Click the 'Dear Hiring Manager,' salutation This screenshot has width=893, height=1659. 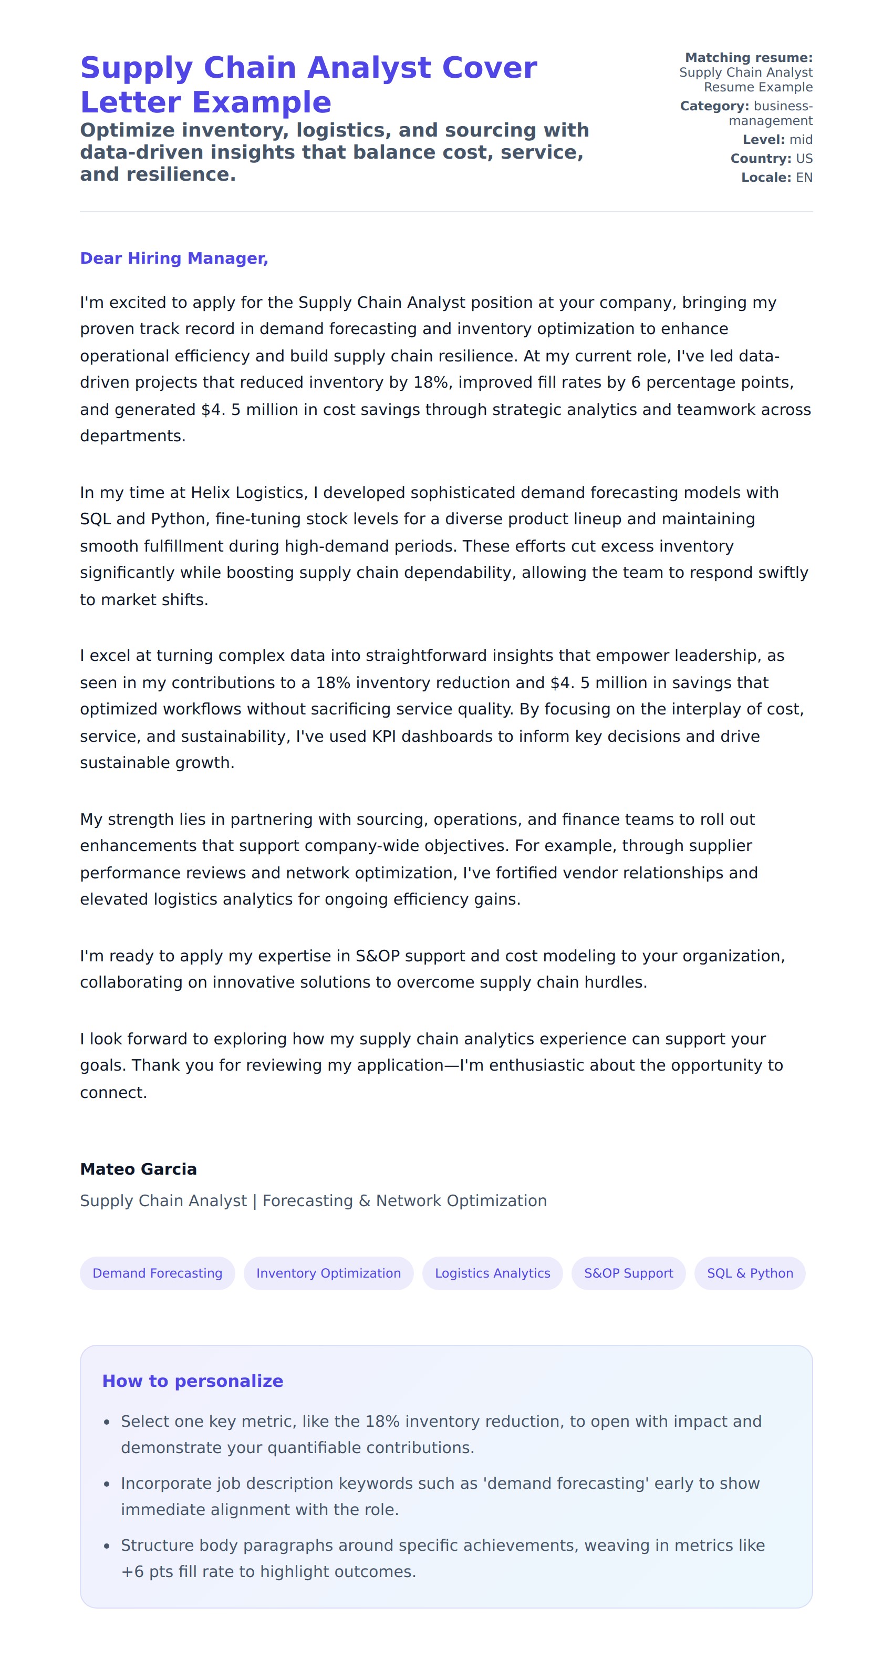coord(174,258)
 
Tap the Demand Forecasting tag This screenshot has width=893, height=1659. coord(157,1273)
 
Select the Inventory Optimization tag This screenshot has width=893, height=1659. coord(328,1273)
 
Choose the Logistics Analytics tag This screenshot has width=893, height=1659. coord(493,1273)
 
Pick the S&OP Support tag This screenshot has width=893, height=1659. coord(628,1273)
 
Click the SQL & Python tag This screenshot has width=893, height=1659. coord(750,1273)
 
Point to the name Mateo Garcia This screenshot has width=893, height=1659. coord(139,1169)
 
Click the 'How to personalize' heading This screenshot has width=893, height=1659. coord(192,1381)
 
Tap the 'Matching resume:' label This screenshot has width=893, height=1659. coord(748,58)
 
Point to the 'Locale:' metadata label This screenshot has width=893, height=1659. coord(765,178)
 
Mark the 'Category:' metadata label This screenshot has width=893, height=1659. coord(714,106)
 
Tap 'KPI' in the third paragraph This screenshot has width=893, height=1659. coord(383,736)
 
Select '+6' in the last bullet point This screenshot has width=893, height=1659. coord(132,1571)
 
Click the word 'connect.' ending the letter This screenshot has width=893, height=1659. coord(113,1092)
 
